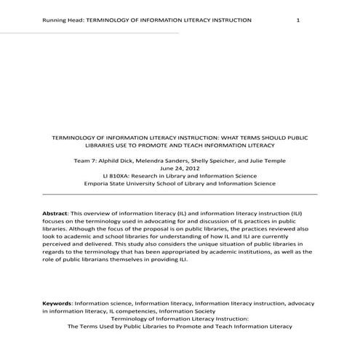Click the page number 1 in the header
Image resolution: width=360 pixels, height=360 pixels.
[298, 20]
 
